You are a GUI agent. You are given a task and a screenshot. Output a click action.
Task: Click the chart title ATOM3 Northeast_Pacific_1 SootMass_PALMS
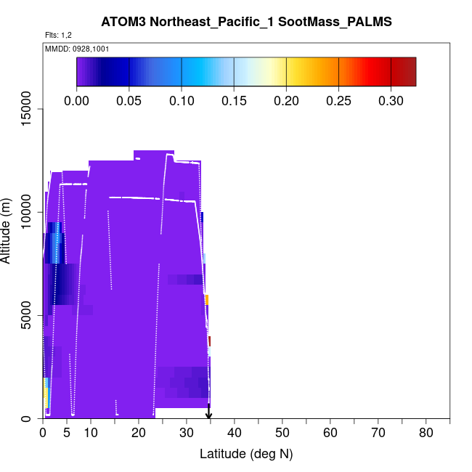pyautogui.click(x=247, y=23)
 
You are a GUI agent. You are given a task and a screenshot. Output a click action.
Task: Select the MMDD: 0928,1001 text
pyautogui.click(x=77, y=49)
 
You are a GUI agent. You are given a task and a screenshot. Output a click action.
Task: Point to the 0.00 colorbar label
pyautogui.click(x=77, y=100)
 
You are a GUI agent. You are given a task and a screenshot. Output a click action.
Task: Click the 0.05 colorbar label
pyautogui.click(x=129, y=100)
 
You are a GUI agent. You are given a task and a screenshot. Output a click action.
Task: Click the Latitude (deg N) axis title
pyautogui.click(x=246, y=454)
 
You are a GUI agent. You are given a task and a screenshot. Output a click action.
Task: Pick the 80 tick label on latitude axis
pyautogui.click(x=426, y=434)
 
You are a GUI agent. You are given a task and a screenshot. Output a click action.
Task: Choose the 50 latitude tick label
pyautogui.click(x=282, y=434)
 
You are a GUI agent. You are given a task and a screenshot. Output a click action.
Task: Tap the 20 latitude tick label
pyautogui.click(x=138, y=434)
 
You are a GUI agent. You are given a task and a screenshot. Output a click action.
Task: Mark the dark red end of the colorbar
pyautogui.click(x=410, y=72)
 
